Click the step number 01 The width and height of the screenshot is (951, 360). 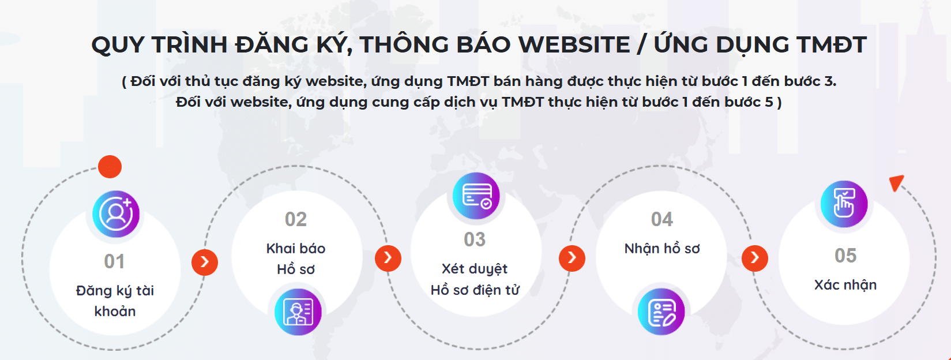coord(115,261)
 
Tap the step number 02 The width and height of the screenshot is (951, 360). coord(295,219)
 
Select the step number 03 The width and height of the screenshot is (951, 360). coord(475,239)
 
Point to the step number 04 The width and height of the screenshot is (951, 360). coord(662,219)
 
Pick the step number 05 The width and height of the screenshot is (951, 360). coord(845,256)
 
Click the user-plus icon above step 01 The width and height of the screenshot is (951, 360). coord(116,214)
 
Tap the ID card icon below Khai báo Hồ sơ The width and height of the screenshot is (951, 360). coord(298,312)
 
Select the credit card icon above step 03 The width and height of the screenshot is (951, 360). coord(476,196)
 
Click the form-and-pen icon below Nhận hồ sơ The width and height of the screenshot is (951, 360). coord(661,312)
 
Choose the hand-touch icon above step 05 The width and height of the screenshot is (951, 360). coord(844,204)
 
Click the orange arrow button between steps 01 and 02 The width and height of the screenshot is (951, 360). coord(205,262)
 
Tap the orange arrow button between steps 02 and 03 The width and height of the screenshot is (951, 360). coord(388,258)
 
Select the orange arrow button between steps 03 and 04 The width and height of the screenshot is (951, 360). coord(572,258)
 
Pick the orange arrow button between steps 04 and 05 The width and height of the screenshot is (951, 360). coord(755,258)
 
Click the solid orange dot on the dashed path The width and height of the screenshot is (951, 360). coord(110,167)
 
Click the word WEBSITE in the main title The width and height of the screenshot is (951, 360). coord(574,44)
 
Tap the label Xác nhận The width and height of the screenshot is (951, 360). coord(845,285)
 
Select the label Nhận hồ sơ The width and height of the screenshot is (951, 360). coord(662,248)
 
